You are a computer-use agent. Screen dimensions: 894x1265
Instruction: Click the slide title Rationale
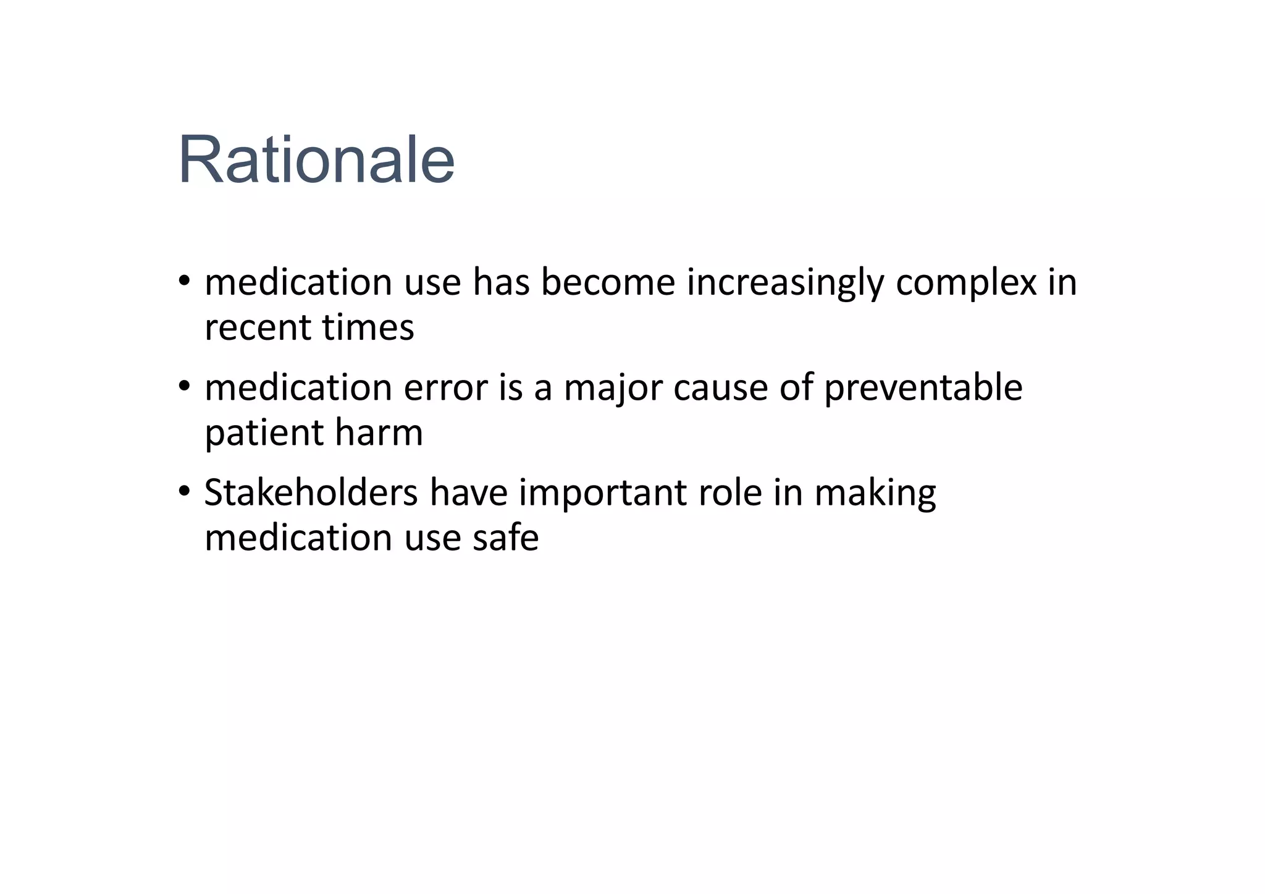coord(316,160)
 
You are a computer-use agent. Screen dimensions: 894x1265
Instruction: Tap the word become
coord(608,282)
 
